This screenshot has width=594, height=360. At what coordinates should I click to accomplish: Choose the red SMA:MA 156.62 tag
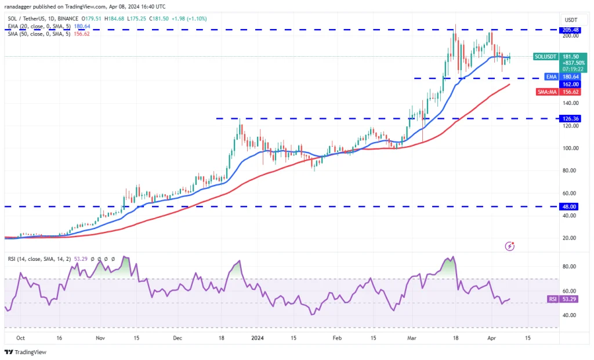[x=560, y=92]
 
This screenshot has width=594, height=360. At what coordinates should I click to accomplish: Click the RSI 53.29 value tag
[x=560, y=299]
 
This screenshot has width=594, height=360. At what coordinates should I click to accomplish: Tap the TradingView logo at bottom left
[x=26, y=352]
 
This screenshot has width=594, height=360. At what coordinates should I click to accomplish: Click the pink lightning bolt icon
[x=509, y=246]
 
